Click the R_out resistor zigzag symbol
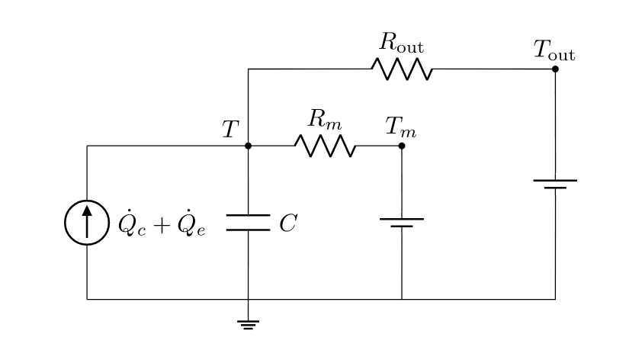pos(402,69)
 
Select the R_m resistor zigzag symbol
pos(325,146)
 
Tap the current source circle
pos(87,223)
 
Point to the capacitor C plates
pos(248,223)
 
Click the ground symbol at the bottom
pos(248,325)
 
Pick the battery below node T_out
pos(555,184)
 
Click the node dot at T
pos(248,146)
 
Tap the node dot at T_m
pos(402,146)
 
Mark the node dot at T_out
pos(555,69)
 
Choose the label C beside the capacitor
pos(287,223)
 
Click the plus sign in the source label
pos(162,224)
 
